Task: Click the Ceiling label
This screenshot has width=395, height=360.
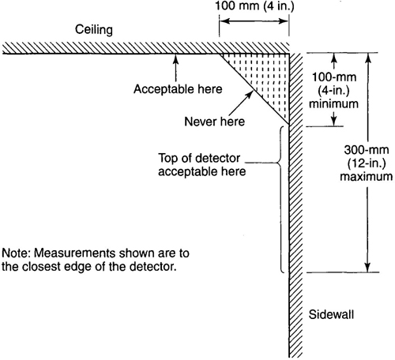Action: point(94,29)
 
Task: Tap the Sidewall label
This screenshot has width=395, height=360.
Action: point(331,314)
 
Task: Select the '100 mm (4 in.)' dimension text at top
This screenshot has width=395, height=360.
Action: point(254,6)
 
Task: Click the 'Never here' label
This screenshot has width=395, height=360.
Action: point(214,122)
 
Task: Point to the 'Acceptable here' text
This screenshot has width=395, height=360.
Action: point(178,89)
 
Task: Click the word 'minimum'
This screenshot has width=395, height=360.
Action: point(333,103)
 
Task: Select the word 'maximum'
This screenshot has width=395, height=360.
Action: point(367,176)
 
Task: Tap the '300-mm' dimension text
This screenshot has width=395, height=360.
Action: point(367,150)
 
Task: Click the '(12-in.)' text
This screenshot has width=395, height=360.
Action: point(367,163)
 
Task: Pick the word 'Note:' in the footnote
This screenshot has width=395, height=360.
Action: point(16,253)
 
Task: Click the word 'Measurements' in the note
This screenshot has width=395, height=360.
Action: point(75,253)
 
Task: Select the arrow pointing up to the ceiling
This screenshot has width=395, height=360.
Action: point(176,68)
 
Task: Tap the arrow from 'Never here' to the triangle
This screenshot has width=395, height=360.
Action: point(241,103)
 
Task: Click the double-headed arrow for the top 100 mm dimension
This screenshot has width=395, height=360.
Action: point(254,21)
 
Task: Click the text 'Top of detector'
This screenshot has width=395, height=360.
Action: point(199,158)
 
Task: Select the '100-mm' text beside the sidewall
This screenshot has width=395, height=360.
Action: point(333,77)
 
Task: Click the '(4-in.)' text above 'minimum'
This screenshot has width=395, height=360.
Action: point(333,91)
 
